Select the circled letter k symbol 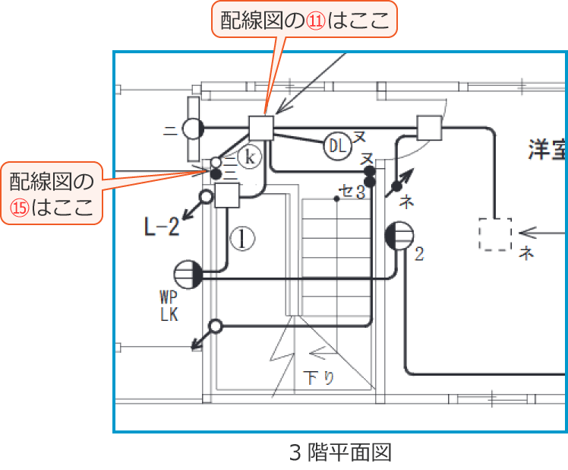[x=249, y=157]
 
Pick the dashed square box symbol [x=494, y=234]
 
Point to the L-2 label [x=161, y=227]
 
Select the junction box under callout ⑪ [x=261, y=127]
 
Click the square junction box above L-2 [x=226, y=196]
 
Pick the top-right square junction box [x=430, y=127]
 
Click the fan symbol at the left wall [x=193, y=129]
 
